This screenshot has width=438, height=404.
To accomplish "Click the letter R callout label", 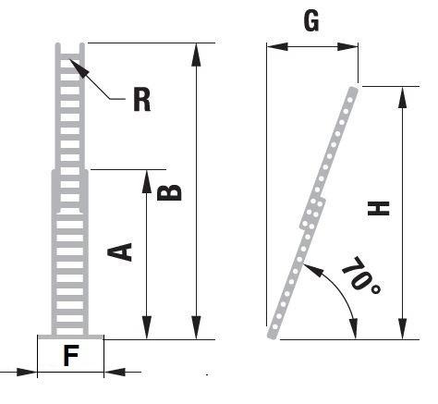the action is click(x=142, y=99).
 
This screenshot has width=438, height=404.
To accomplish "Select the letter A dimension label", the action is click(x=120, y=252).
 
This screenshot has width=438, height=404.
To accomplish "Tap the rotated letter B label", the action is click(x=169, y=192).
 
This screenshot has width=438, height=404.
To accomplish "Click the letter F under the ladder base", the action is click(x=71, y=355).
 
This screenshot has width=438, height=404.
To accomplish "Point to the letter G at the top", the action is click(x=311, y=20).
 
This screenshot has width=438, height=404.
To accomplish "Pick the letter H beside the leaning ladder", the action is click(x=379, y=208).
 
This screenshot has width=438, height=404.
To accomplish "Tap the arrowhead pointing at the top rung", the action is click(x=79, y=67).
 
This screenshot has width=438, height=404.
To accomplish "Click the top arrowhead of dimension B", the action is click(x=196, y=55).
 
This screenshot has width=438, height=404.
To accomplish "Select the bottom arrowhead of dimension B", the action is click(x=196, y=327).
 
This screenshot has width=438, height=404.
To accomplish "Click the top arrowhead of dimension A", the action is click(x=147, y=181).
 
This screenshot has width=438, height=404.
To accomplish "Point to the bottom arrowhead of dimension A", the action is click(x=147, y=327).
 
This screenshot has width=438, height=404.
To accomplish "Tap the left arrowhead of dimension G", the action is click(x=277, y=47).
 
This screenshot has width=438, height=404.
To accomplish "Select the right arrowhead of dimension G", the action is click(x=347, y=47).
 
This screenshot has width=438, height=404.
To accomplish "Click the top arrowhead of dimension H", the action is click(x=402, y=97).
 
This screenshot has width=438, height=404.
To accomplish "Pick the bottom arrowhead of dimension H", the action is click(x=403, y=329).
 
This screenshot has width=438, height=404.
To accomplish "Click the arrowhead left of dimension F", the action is click(x=27, y=372).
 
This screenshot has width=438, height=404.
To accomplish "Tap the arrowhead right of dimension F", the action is click(x=115, y=372).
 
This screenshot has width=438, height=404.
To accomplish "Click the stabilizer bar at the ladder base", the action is click(x=70, y=337).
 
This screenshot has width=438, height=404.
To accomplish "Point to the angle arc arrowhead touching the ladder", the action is click(x=314, y=270).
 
